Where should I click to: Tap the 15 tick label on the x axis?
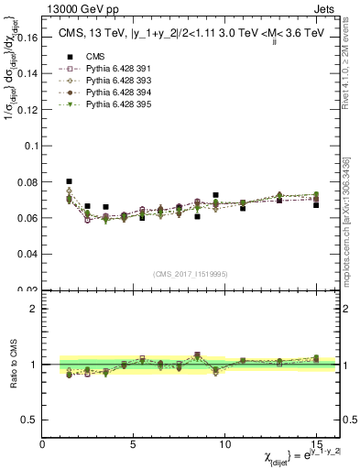tap(315, 442)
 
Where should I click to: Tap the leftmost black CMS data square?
tap(70, 181)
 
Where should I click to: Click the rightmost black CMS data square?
tap(316, 204)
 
